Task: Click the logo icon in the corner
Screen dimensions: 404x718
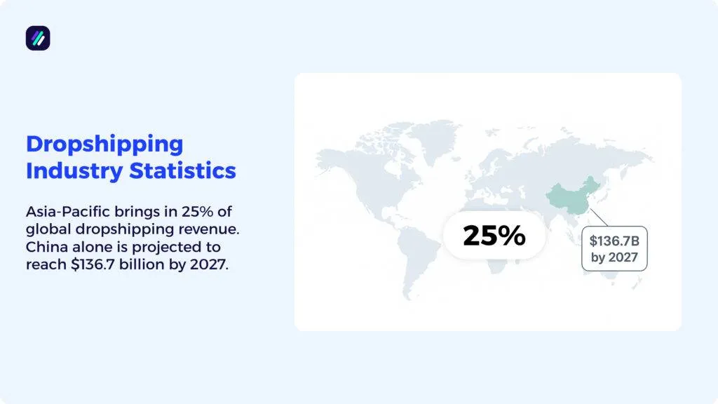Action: click(38, 38)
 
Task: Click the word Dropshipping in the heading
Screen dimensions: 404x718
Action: click(104, 144)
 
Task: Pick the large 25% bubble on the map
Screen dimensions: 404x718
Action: click(494, 236)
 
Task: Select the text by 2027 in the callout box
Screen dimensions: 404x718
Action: click(614, 257)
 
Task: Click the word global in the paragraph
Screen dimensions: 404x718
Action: click(46, 229)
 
